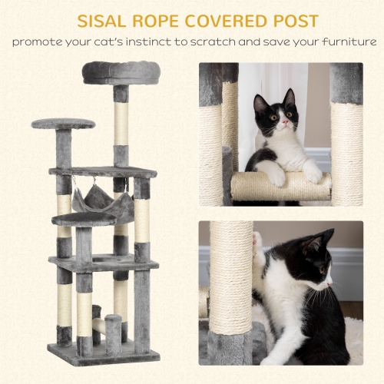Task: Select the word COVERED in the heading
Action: (x=222, y=20)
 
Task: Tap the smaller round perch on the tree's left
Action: (x=64, y=123)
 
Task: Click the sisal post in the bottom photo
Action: (x=231, y=284)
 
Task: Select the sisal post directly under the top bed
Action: (x=121, y=123)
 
